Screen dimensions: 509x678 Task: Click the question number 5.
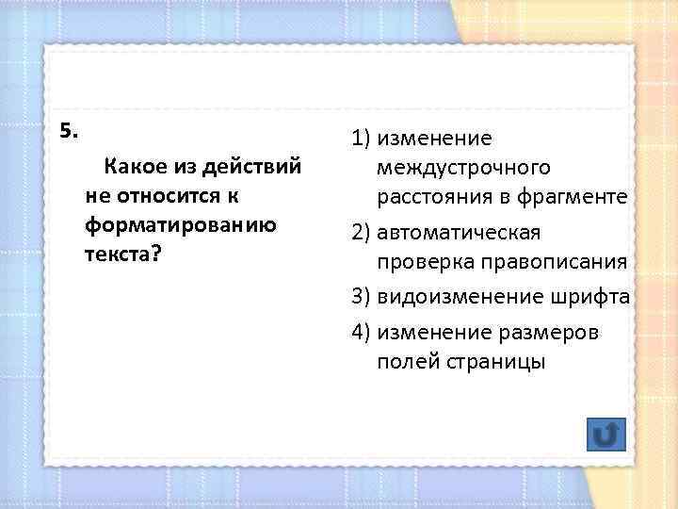coord(68,131)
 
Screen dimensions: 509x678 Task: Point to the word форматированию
coord(179,226)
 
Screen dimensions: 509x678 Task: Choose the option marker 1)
coord(362,140)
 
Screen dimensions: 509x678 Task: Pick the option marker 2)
coord(362,232)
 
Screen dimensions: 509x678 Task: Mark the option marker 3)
coord(362,297)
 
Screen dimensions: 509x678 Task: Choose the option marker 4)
coord(362,333)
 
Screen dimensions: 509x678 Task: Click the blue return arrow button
coord(605,435)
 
